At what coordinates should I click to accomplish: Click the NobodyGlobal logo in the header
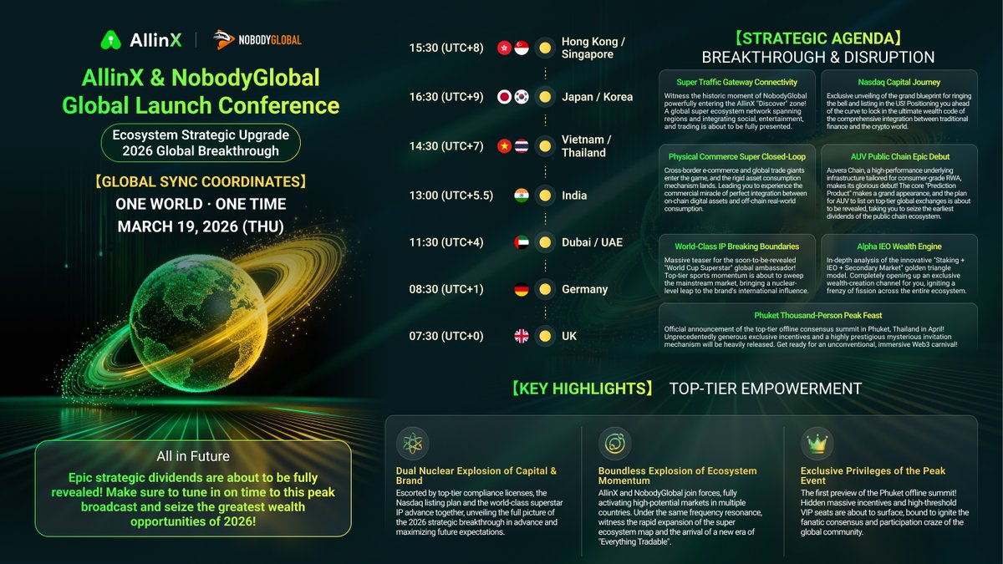[x=257, y=39]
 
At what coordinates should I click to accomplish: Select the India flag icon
[x=522, y=196]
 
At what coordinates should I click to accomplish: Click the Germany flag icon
[x=522, y=289]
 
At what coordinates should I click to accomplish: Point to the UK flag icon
[x=522, y=336]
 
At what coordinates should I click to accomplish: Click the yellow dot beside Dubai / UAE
[x=545, y=242]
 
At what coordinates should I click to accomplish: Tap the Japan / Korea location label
[x=597, y=96]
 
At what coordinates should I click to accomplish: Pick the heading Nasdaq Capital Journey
[x=899, y=82]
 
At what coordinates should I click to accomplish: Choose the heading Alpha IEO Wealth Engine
[x=899, y=246]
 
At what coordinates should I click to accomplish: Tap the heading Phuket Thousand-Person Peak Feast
[x=817, y=317]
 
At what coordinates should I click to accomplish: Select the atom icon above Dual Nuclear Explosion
[x=413, y=444]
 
